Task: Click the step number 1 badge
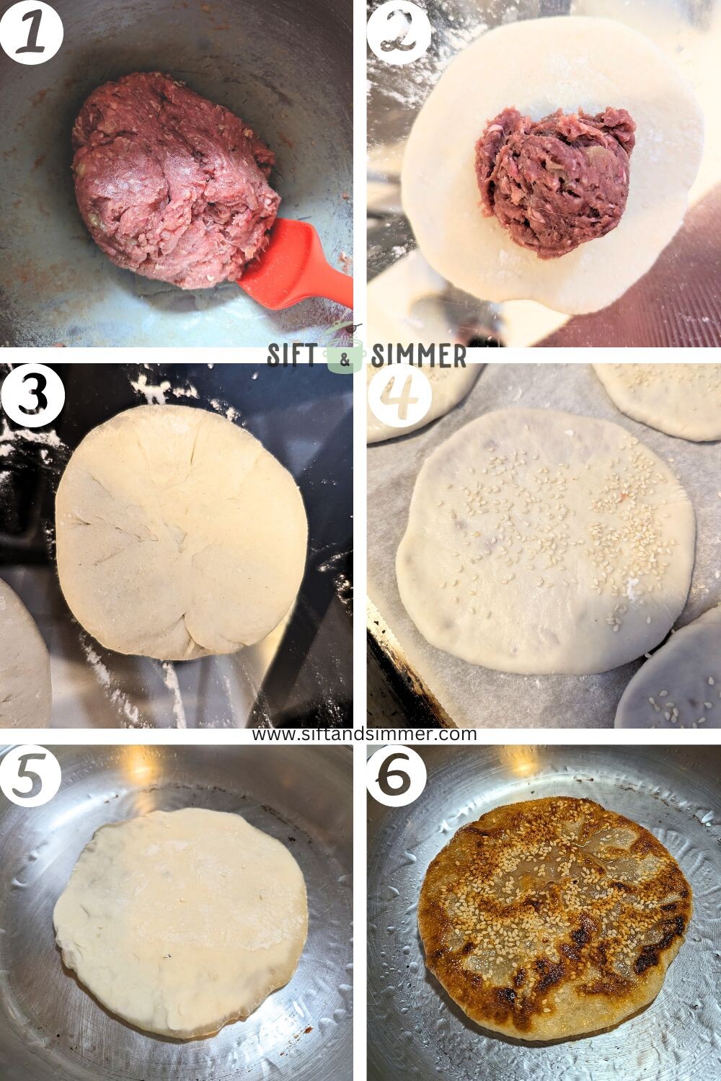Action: tap(31, 32)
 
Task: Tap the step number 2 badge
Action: tap(398, 32)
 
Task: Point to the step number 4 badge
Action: tap(399, 396)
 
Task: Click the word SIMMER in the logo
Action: tap(418, 355)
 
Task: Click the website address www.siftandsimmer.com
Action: tap(364, 734)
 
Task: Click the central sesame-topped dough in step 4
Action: tap(544, 548)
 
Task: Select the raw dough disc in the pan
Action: tap(180, 922)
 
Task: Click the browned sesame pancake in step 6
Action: tap(555, 915)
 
